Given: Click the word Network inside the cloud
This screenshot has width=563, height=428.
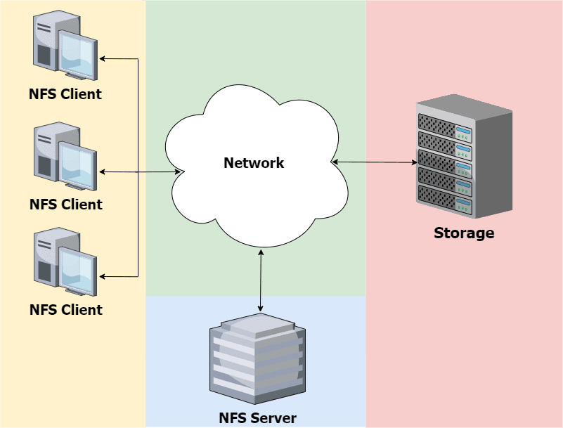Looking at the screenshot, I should tap(254, 163).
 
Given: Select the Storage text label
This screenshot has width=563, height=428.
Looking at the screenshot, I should tap(464, 233).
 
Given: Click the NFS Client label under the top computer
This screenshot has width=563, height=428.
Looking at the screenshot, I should tap(65, 94).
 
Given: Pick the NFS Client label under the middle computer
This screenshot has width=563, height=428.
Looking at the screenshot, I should tap(66, 205).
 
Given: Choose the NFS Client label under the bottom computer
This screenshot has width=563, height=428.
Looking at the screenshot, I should tap(66, 310).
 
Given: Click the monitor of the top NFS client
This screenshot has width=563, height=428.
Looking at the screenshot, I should tap(77, 53).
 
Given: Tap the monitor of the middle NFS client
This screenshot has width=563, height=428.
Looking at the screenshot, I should tap(77, 164).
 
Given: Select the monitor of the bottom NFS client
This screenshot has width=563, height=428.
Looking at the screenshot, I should tap(77, 269).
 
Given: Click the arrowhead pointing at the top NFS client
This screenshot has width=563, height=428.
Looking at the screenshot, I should tap(103, 59).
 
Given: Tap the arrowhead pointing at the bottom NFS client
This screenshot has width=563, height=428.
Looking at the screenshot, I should tap(103, 275).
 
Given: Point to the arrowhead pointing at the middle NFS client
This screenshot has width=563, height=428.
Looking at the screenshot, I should tap(103, 171).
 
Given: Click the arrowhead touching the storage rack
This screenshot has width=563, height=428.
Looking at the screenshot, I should tap(415, 162).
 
